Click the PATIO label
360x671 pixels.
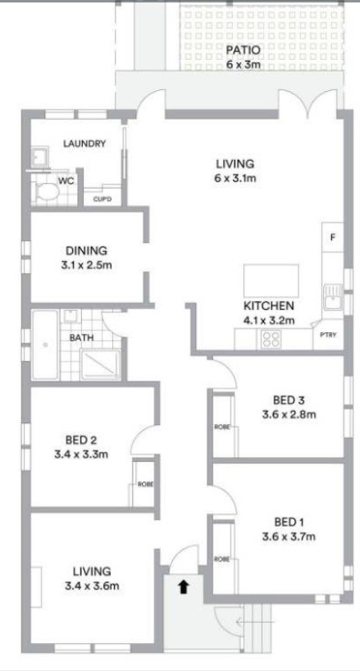tap(243, 51)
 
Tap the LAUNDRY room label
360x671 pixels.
tap(84, 144)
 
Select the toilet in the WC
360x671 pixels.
tap(47, 193)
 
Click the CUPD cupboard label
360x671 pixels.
tap(103, 199)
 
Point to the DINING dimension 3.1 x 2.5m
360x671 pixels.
tap(86, 265)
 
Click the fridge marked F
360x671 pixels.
tap(333, 238)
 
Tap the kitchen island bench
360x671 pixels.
tap(271, 281)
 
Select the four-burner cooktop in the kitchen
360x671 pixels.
tap(271, 340)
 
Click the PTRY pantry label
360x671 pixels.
tap(328, 335)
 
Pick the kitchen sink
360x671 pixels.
tap(333, 297)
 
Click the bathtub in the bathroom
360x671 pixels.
tap(45, 345)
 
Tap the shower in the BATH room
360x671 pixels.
tap(100, 364)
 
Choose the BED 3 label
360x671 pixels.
tap(289, 400)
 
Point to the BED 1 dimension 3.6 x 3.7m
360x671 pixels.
tap(289, 536)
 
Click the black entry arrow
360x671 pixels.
tap(184, 587)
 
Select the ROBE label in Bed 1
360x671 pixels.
tap(222, 559)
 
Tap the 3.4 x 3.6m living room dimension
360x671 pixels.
tap(92, 586)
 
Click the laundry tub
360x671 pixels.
tap(41, 157)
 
